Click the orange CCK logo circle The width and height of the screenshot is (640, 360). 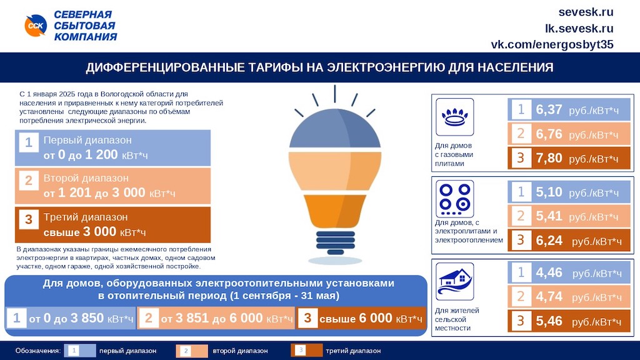coord(36,25)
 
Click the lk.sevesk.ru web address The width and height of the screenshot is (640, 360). coord(579,28)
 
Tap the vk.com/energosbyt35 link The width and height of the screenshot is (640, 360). coord(552,44)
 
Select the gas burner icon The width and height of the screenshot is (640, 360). coord(455,117)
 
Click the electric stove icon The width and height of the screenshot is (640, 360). coord(455,199)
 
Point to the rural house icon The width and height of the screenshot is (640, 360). coord(455,281)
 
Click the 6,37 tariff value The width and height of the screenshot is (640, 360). coord(549,109)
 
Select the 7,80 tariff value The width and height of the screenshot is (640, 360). coord(549,158)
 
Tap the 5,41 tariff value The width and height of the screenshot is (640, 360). coord(549,216)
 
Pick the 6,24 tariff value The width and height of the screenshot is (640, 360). coord(549,241)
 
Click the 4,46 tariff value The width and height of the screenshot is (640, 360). coord(549,272)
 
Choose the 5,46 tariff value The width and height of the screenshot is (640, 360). coord(549,321)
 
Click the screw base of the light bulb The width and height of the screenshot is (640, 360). coord(335,242)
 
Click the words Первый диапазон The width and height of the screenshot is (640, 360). coord(87,140)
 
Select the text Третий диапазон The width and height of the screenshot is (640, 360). coord(85,217)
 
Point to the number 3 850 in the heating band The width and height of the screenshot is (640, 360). coord(87,318)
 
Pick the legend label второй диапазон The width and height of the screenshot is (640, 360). coord(240,351)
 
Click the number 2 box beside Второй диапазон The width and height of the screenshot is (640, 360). coord(29,181)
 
